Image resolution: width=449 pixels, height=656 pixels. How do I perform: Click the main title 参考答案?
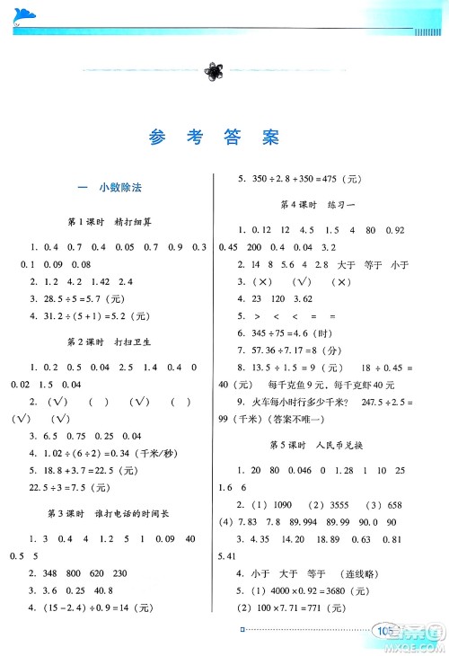click(x=214, y=137)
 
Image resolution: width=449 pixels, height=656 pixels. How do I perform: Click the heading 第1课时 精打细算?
click(x=110, y=221)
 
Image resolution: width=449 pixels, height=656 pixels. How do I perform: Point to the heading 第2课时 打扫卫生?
click(x=110, y=342)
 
